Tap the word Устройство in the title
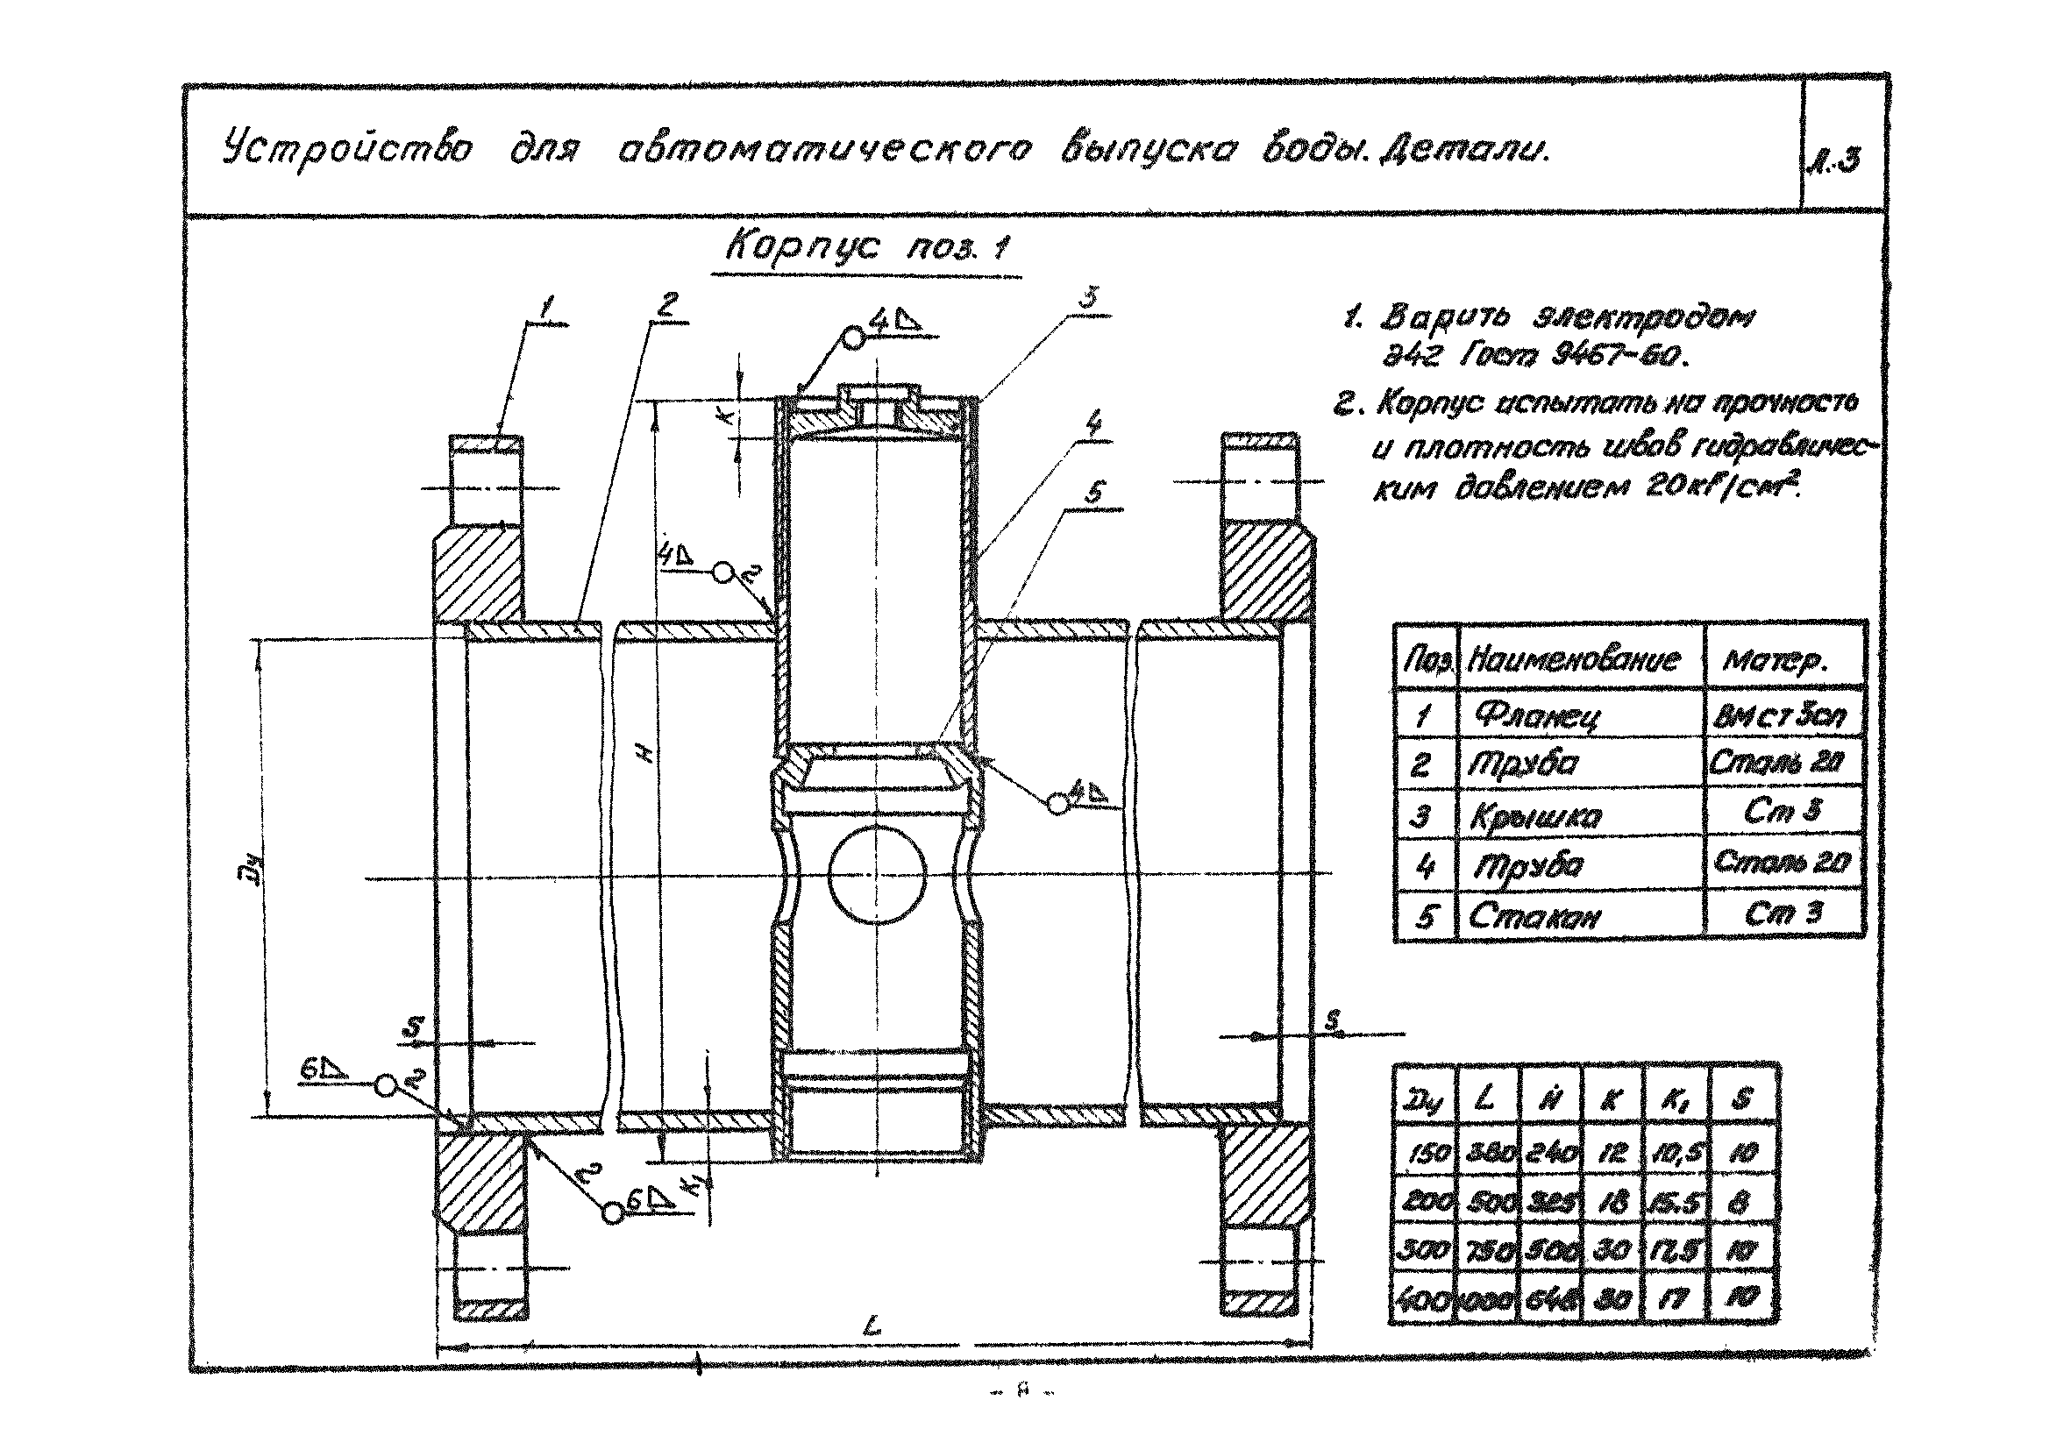click(x=347, y=149)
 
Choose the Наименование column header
click(x=1573, y=660)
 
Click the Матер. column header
click(x=1775, y=661)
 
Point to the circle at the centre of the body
click(x=877, y=873)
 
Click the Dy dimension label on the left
click(x=255, y=872)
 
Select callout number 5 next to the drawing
click(x=1093, y=494)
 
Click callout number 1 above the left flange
click(x=544, y=309)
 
